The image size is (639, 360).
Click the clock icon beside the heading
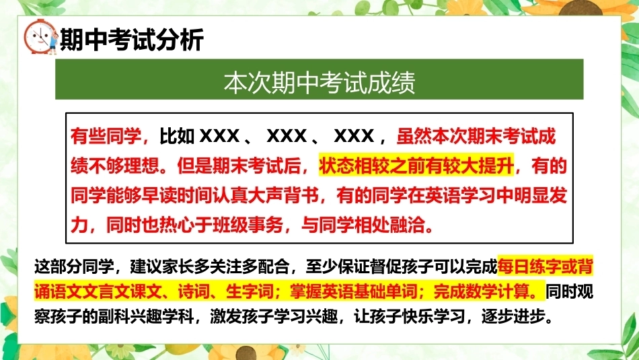pyautogui.click(x=40, y=37)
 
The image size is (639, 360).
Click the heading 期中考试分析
pyautogui.click(x=132, y=40)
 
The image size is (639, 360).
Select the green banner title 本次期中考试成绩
pyautogui.click(x=319, y=82)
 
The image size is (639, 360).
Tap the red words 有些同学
pyautogui.click(x=106, y=136)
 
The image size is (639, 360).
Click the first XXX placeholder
pyautogui.click(x=220, y=136)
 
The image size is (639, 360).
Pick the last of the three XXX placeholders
pyautogui.click(x=354, y=136)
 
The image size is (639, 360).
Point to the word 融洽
pyautogui.click(x=407, y=225)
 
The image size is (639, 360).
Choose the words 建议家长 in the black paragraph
pyautogui.click(x=162, y=267)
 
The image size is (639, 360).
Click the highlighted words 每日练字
pyautogui.click(x=529, y=267)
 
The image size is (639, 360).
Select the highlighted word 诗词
pyautogui.click(x=194, y=292)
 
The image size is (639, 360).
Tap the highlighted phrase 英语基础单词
pyautogui.click(x=369, y=292)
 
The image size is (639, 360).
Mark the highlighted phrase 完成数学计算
pyautogui.click(x=482, y=292)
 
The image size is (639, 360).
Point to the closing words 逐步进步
pyautogui.click(x=513, y=317)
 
